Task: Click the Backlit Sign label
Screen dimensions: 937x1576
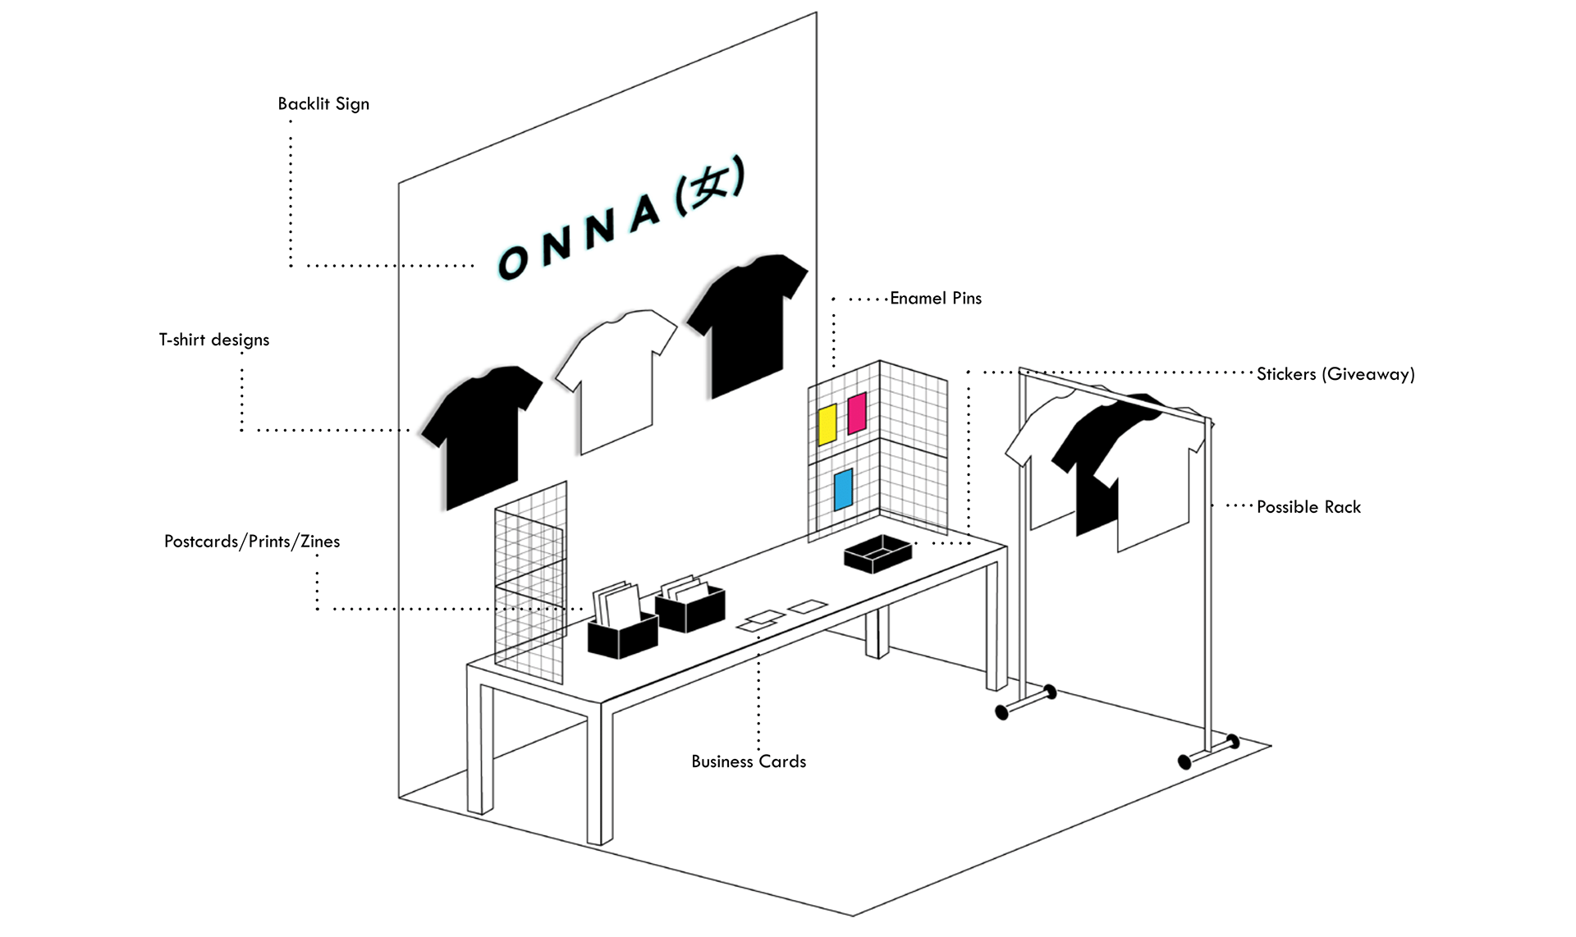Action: click(323, 104)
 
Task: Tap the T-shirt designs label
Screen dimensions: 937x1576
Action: click(213, 340)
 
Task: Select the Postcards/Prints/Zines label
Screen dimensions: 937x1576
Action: click(251, 542)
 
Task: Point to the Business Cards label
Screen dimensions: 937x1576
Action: click(749, 761)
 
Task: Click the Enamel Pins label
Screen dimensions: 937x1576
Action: click(936, 299)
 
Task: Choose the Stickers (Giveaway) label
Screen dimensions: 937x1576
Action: click(1335, 374)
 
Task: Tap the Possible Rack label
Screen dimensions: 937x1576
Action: click(1308, 507)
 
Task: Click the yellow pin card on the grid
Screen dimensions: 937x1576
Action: click(827, 424)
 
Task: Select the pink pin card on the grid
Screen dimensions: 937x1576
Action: click(857, 413)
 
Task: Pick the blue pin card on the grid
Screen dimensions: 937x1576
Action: click(843, 490)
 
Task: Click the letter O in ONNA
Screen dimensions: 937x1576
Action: click(514, 262)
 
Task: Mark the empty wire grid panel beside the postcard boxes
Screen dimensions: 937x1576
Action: click(531, 583)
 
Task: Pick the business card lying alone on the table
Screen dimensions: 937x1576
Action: click(808, 606)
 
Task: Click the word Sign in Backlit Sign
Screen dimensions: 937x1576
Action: click(352, 104)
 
